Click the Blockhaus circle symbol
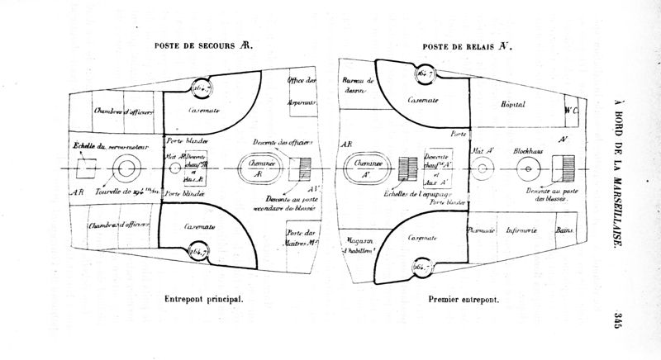[527, 168]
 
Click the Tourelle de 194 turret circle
[127, 168]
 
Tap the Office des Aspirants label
[302, 91]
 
